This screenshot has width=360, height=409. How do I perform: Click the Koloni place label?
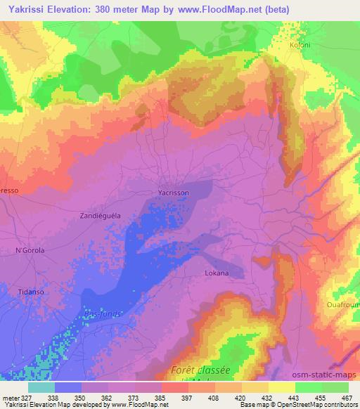pyautogui.click(x=300, y=44)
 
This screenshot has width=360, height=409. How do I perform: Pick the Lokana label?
pyautogui.click(x=217, y=272)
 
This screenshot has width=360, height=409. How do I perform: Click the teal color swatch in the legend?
pyautogui.click(x=41, y=387)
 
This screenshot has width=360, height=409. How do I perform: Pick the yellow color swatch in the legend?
pyautogui.click(x=282, y=387)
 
